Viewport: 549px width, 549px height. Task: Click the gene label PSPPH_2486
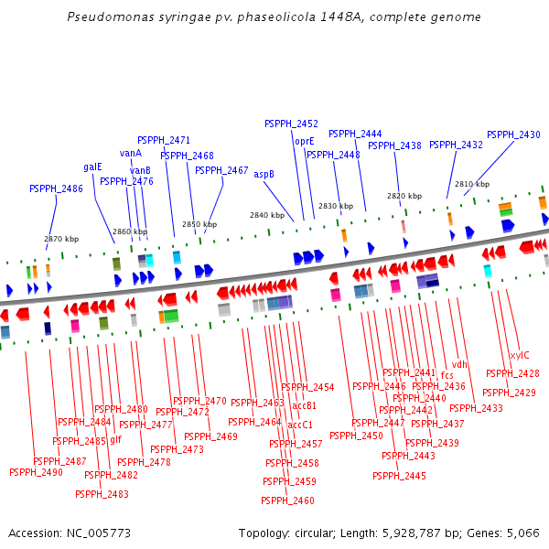[x=56, y=188]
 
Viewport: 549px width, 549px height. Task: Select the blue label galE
[x=93, y=167]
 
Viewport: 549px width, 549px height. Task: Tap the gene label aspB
[x=264, y=174]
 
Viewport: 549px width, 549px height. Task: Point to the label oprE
[x=304, y=142]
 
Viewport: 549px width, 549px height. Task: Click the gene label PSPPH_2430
[x=513, y=135]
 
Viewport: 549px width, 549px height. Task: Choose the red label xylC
[x=519, y=355]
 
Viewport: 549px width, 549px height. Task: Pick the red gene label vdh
[x=459, y=364]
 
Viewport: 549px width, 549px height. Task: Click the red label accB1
[x=304, y=405]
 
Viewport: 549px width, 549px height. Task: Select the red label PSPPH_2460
[x=287, y=501]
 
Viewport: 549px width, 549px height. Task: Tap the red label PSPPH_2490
[x=36, y=472]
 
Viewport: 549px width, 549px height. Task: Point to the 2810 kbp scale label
[x=472, y=184]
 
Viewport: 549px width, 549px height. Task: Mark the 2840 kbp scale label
[x=267, y=215]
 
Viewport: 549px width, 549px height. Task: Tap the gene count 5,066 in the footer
[x=522, y=533]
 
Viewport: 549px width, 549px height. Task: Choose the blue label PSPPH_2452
[x=291, y=124]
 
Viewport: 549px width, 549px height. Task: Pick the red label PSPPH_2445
[x=399, y=476]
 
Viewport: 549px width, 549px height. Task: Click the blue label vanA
[x=131, y=153]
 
